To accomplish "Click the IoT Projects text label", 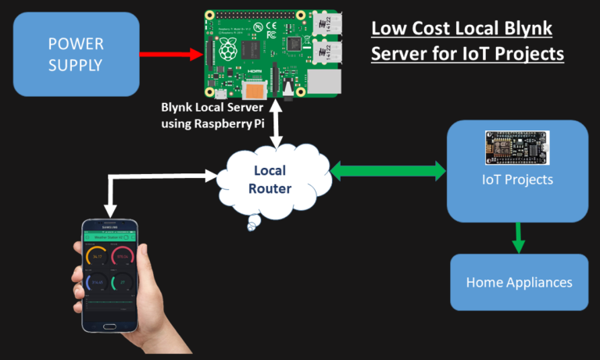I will pyautogui.click(x=516, y=180).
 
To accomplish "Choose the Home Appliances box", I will pyautogui.click(x=519, y=282).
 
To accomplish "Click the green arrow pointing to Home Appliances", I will pyautogui.click(x=516, y=237).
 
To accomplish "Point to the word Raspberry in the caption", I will pyautogui.click(x=224, y=123).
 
